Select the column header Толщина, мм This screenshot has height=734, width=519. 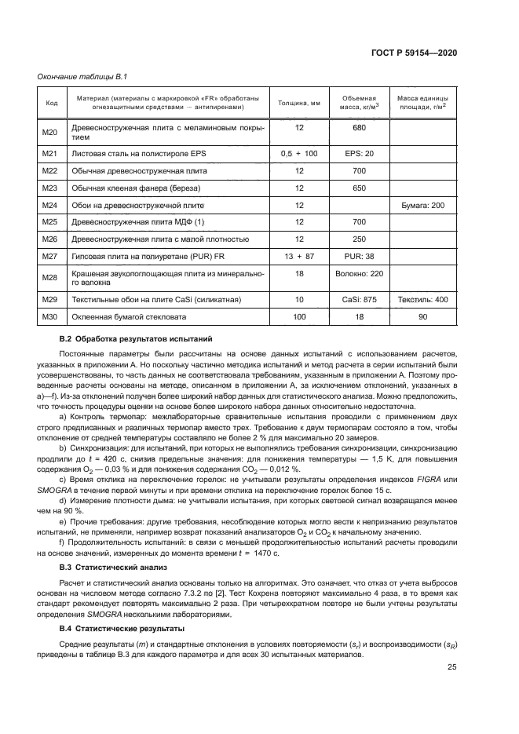298,102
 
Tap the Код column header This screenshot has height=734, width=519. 52,102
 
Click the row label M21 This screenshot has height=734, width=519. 51,153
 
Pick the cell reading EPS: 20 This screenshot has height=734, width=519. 358,153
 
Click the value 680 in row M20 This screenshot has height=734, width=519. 359,127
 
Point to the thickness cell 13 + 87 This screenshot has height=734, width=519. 298,257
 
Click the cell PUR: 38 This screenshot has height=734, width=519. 359,257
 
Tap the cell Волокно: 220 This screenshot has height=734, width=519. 359,274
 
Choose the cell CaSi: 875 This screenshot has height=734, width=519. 359,300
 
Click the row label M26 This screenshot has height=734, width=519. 51,239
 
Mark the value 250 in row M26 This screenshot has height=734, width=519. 359,239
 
